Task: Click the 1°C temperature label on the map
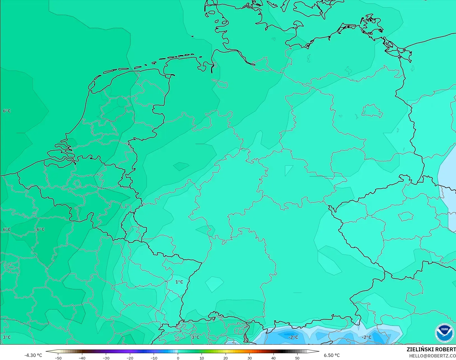pos(179,282)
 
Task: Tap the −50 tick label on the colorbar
pos(58,358)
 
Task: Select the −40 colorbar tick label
pos(82,358)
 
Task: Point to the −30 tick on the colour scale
pos(106,358)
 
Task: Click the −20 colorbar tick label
pos(130,358)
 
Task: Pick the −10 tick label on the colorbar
pos(154,358)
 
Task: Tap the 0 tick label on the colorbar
pos(178,358)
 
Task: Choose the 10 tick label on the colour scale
pos(202,358)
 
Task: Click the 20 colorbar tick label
pos(226,358)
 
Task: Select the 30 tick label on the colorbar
pos(249,358)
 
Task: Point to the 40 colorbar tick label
pos(273,358)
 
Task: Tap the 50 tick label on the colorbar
pos(297,358)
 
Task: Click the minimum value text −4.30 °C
pos(33,355)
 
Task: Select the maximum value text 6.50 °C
pos(332,355)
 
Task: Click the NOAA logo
pos(445,332)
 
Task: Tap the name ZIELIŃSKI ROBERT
pos(431,350)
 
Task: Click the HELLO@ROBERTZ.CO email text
pos(432,356)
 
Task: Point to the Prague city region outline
pos(406,216)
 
